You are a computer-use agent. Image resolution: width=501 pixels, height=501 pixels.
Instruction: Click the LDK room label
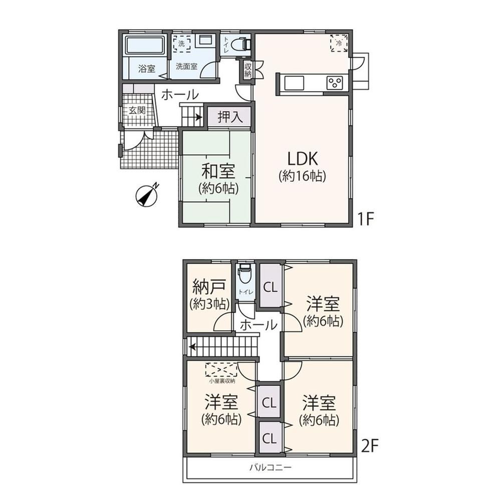pos(302,159)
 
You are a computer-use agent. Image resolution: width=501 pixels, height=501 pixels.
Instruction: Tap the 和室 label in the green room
pos(218,171)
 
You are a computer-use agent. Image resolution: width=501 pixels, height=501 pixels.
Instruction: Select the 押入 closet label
pos(230,117)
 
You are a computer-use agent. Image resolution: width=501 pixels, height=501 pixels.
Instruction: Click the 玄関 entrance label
pos(137,111)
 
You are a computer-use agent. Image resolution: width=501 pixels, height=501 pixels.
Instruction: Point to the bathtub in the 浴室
pos(145,46)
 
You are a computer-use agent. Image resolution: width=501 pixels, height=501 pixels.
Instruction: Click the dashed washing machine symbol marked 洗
pos(182,44)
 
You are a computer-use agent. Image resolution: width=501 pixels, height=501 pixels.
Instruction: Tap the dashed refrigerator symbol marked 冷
pos(339,43)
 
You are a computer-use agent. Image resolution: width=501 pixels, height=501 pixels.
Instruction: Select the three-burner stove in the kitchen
pos(335,83)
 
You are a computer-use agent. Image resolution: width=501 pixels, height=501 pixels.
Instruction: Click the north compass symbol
pos(147,195)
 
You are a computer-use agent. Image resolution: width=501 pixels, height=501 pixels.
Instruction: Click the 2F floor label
pos(370,445)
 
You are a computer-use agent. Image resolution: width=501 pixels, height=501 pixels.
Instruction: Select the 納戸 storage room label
pos(209,286)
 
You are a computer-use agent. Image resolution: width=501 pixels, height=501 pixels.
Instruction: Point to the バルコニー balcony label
pos(271,468)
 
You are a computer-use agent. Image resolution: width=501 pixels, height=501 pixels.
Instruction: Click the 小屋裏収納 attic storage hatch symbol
pos(221,370)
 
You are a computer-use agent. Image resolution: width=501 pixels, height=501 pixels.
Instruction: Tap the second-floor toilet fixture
pos(245,274)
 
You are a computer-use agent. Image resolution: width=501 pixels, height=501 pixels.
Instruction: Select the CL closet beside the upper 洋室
pos(270,287)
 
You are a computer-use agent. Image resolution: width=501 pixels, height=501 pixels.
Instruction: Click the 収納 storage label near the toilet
pos(248,70)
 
